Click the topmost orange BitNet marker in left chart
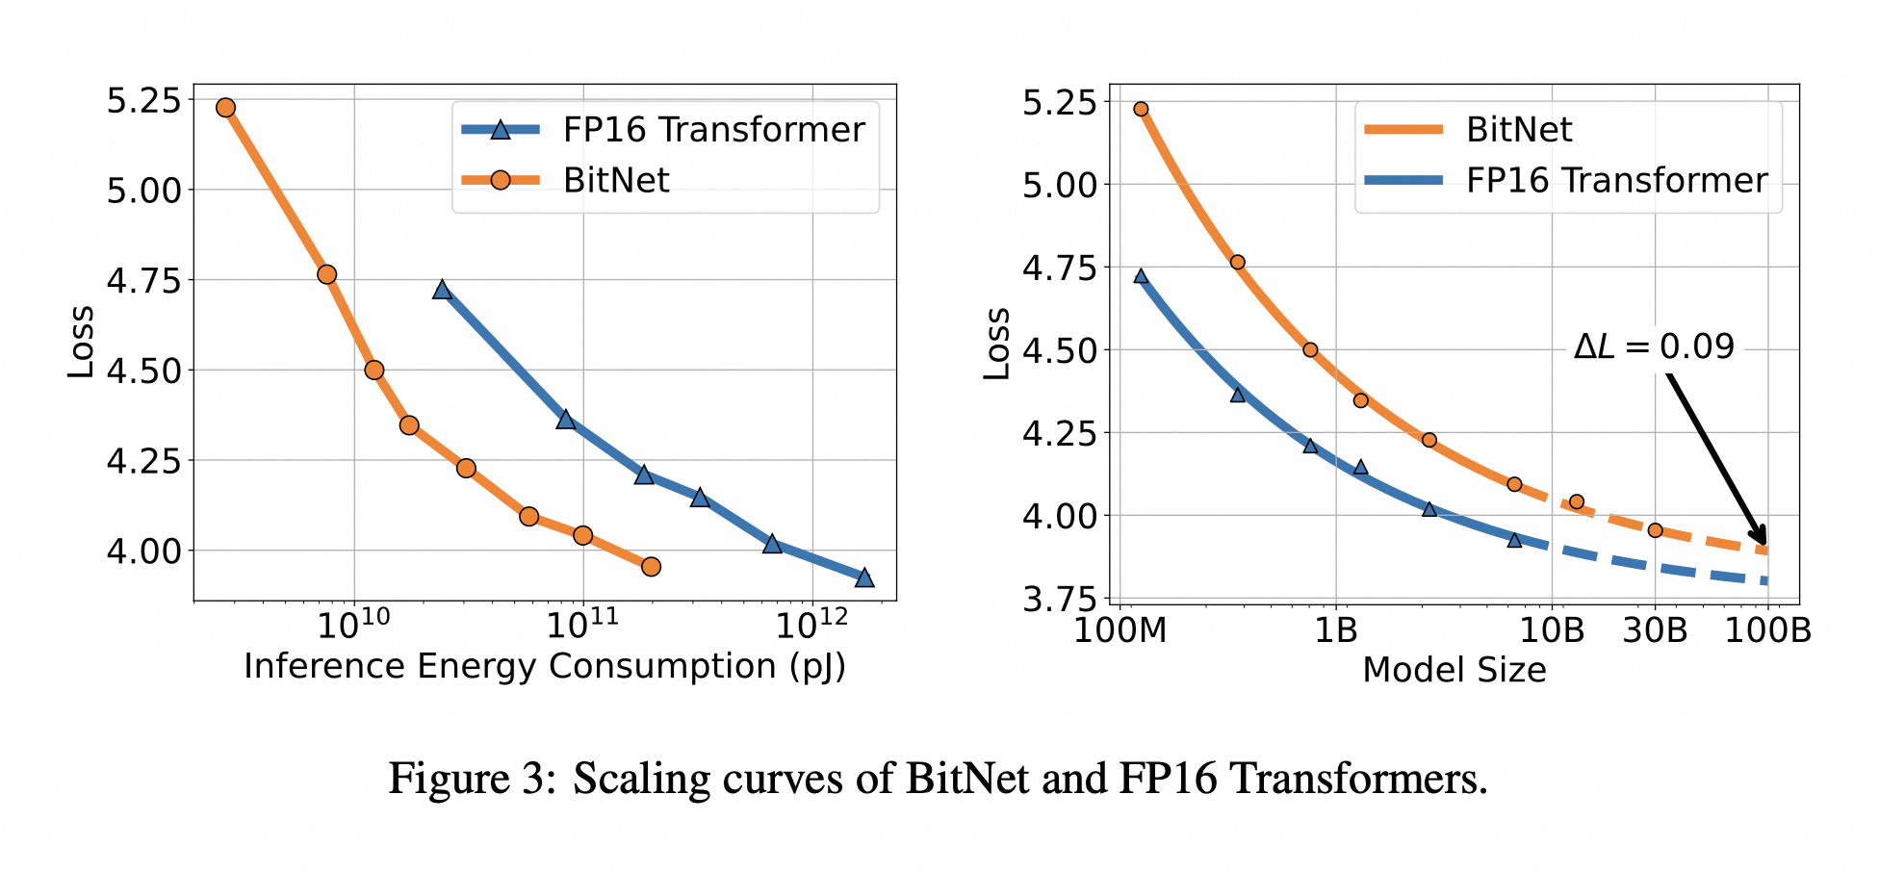point(225,107)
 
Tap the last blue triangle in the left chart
point(864,577)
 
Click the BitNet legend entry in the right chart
point(1518,130)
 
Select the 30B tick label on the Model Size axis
point(1655,630)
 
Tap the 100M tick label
point(1120,630)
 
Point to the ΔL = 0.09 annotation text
point(1654,346)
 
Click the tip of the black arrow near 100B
point(1765,546)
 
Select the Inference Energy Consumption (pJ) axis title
point(545,667)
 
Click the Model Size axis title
point(1454,670)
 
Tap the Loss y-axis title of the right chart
point(997,344)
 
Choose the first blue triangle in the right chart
point(1141,276)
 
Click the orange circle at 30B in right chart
point(1655,530)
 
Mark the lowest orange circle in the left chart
point(651,567)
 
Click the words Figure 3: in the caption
point(472,778)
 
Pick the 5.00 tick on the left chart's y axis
point(143,190)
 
